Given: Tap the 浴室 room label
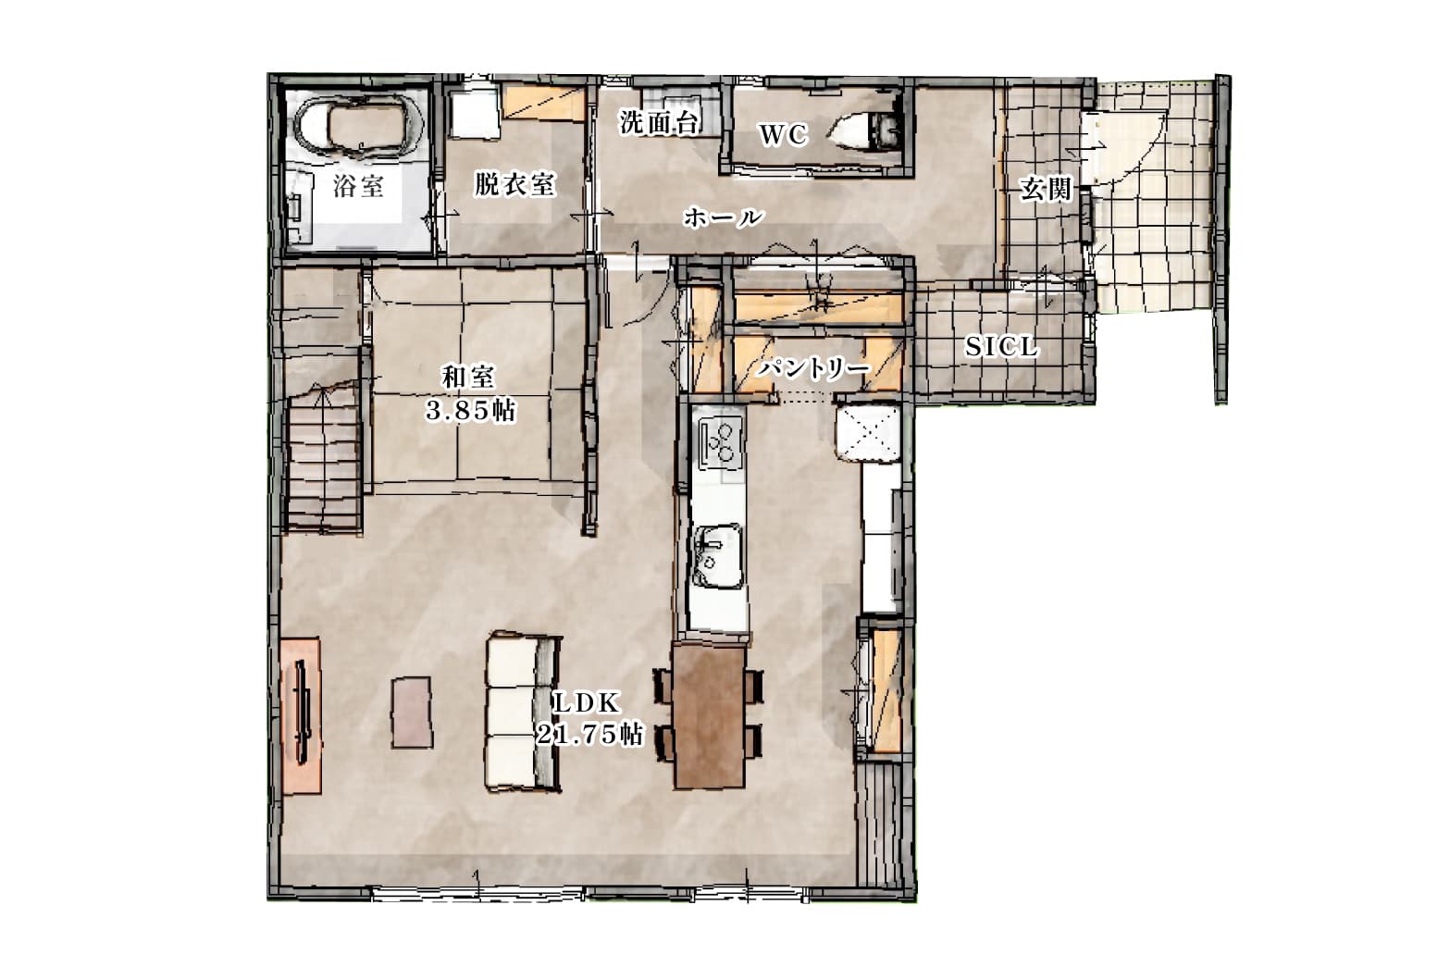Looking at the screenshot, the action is (359, 186).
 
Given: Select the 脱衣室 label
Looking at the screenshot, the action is (514, 184).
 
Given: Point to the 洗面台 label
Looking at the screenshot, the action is (659, 122).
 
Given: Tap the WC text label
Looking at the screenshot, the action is (783, 134).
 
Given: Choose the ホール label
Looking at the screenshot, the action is (724, 217).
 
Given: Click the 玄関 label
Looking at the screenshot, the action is (1046, 189).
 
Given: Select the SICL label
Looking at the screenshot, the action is (1001, 347).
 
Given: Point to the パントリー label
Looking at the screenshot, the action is (814, 369).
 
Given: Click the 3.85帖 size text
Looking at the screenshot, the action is (471, 410).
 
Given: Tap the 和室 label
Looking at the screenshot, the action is (467, 377).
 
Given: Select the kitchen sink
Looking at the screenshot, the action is (717, 556).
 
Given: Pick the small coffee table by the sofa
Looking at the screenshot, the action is (411, 712).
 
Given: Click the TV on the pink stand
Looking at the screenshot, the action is (303, 710).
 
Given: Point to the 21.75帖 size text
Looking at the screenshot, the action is (589, 735).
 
